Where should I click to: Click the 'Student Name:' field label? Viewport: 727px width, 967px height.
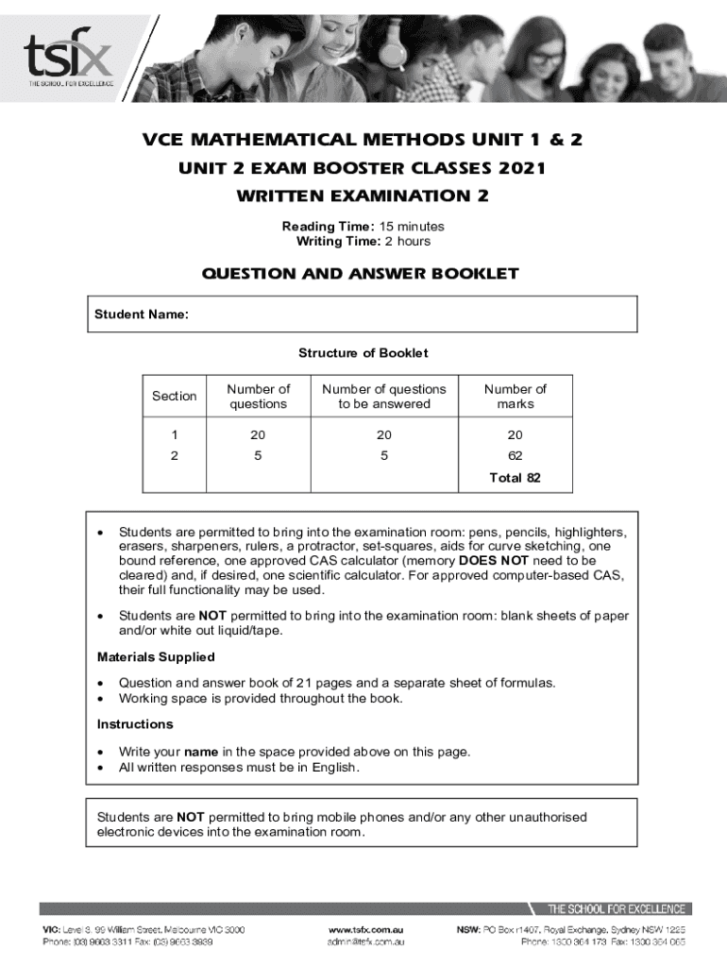142,314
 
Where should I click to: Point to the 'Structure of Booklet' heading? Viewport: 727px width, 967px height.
363,353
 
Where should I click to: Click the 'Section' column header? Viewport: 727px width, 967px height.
175,397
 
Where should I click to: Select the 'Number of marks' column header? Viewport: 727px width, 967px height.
516,397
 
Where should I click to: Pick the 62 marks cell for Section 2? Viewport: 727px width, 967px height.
516,456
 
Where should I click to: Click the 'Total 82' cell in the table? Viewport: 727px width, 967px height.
516,478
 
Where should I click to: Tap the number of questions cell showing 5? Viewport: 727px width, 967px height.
258,456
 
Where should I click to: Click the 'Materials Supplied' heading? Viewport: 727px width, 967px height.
156,656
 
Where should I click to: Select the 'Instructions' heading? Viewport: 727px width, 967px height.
135,724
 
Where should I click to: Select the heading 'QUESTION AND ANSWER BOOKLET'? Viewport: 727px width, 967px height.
361,274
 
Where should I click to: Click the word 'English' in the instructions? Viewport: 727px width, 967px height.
335,768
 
